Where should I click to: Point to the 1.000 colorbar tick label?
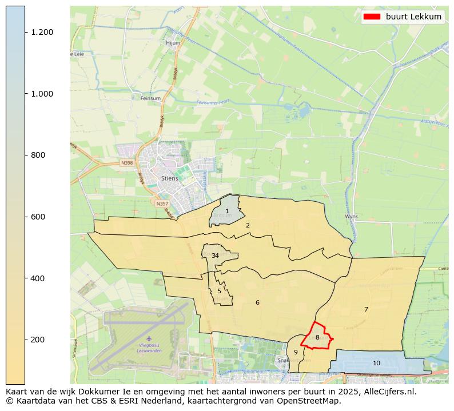click(42, 94)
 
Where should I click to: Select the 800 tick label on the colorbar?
click(38, 155)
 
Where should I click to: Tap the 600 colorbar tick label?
click(38, 217)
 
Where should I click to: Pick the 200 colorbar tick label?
click(38, 340)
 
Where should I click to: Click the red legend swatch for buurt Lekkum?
click(372, 17)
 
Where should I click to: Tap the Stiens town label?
click(169, 178)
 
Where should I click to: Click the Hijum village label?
click(173, 42)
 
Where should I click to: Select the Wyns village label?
click(351, 217)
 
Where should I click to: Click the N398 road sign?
click(127, 163)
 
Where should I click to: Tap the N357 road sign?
click(162, 203)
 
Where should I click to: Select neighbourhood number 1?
click(227, 212)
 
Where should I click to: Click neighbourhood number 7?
click(366, 309)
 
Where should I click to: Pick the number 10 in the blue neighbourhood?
click(376, 363)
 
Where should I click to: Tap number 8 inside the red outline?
click(317, 337)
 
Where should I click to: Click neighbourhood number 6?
click(257, 302)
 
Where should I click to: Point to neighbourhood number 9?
click(296, 352)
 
